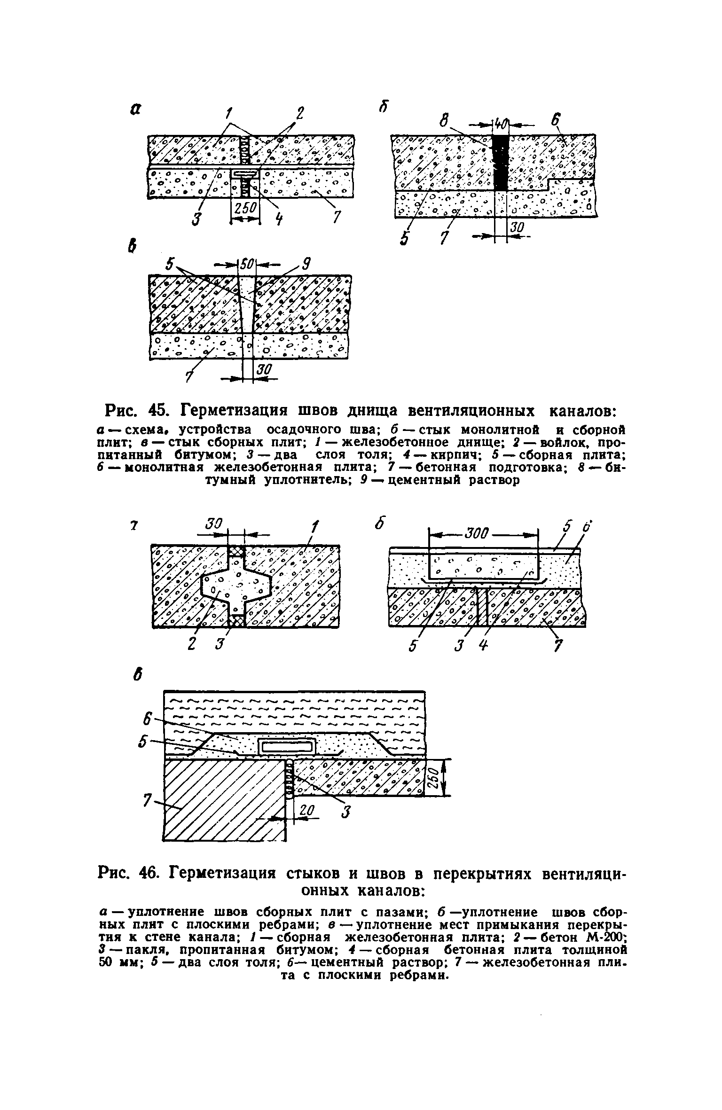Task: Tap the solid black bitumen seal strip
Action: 500,162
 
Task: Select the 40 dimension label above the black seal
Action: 500,125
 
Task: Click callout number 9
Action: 306,265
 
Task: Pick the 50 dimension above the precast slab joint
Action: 247,265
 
